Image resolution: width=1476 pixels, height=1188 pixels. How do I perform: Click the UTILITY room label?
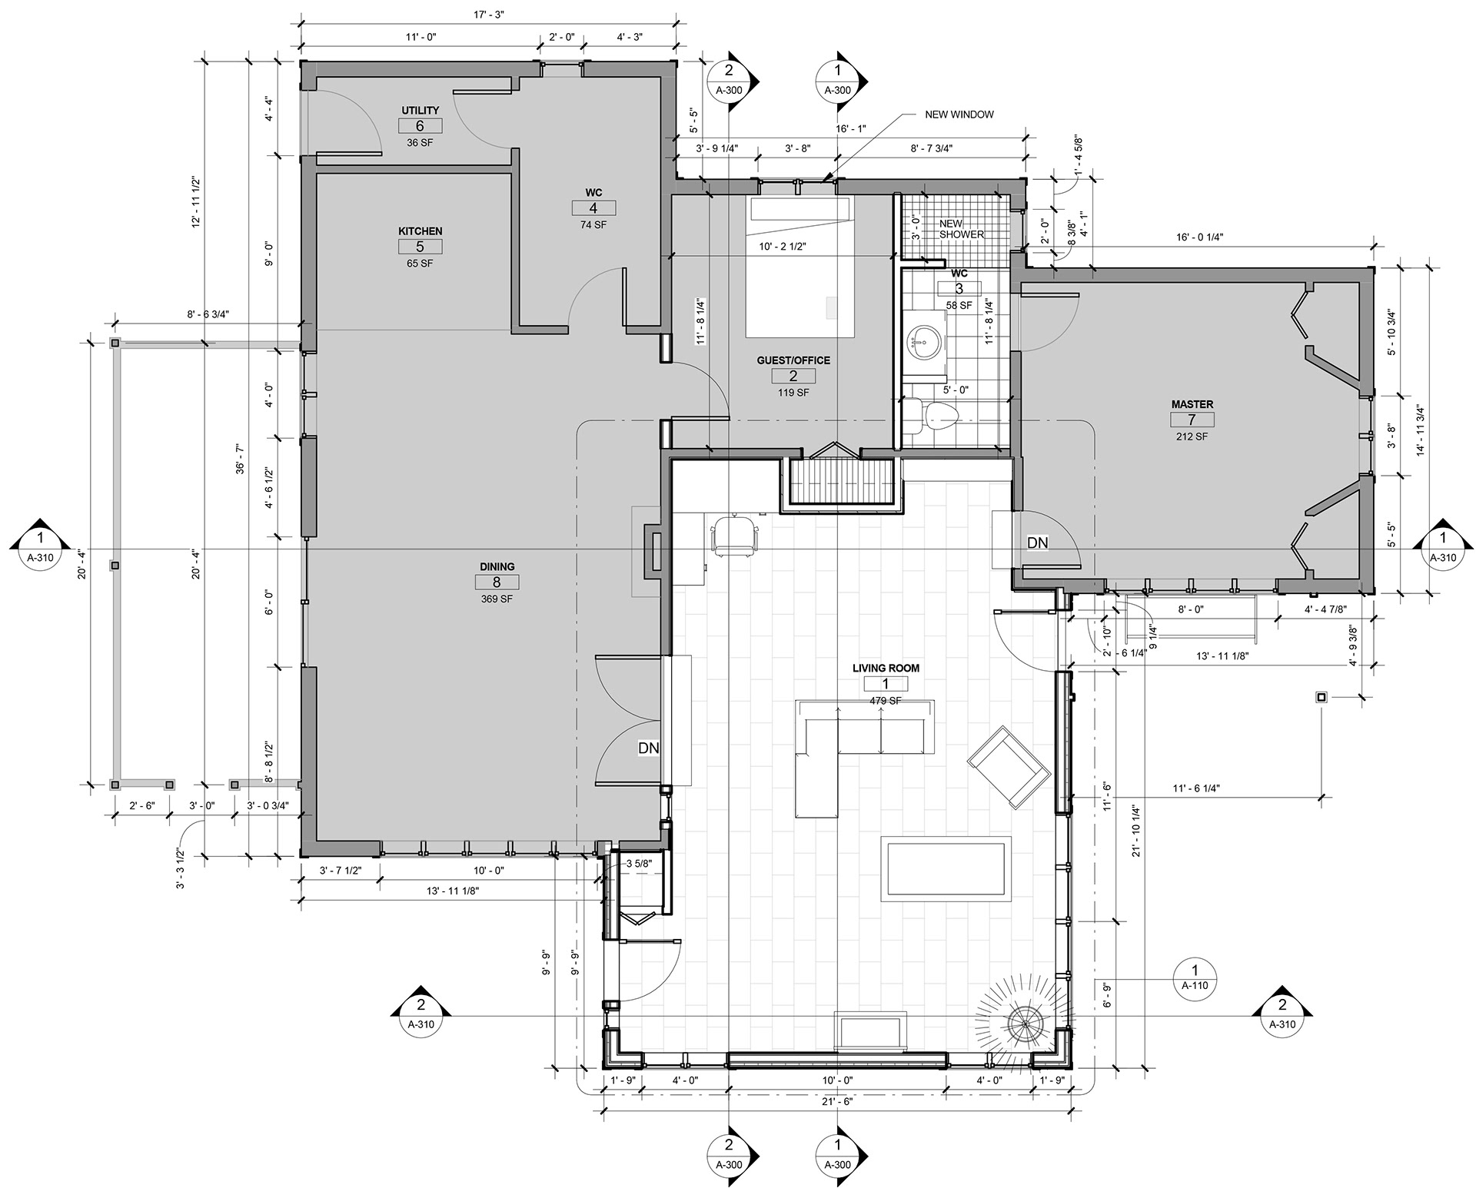pyautogui.click(x=420, y=111)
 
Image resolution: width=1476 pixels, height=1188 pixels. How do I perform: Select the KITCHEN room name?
pyautogui.click(x=420, y=231)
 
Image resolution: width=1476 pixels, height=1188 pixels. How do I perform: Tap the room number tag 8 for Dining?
pyautogui.click(x=497, y=582)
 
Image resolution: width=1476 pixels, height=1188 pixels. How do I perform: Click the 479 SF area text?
pyautogui.click(x=885, y=701)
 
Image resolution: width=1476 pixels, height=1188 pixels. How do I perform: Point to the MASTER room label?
pyautogui.click(x=1192, y=404)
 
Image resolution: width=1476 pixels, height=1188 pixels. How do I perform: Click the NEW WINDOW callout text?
pyautogui.click(x=959, y=114)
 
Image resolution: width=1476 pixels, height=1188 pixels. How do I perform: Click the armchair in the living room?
pyautogui.click(x=1009, y=766)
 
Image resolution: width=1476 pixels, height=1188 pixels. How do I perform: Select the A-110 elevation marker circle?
pyautogui.click(x=1195, y=977)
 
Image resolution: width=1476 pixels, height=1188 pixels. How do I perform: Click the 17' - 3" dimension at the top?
pyautogui.click(x=489, y=13)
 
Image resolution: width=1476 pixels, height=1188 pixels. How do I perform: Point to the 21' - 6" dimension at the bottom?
pyautogui.click(x=836, y=1100)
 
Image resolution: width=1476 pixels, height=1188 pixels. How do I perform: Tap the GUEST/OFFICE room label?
pyautogui.click(x=793, y=360)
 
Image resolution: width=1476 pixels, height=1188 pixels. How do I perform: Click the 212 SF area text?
pyautogui.click(x=1192, y=436)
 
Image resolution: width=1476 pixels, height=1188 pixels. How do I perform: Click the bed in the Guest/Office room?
pyautogui.click(x=800, y=267)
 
